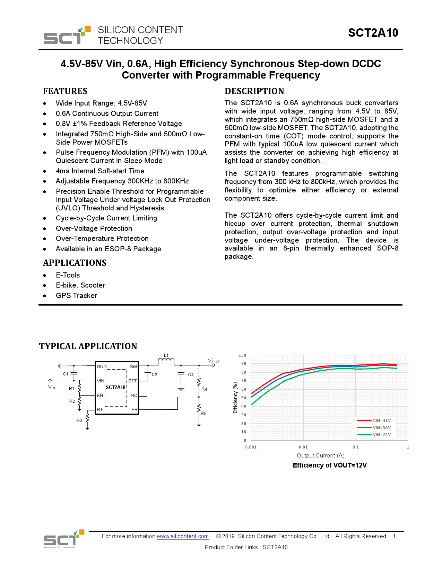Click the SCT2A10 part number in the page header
tap(373, 33)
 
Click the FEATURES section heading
tap(65, 91)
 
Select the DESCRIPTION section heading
tap(254, 91)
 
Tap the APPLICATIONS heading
tap(75, 263)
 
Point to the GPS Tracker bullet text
tap(76, 296)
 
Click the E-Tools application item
tap(68, 275)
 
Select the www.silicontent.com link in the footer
tap(183, 536)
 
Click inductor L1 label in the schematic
tap(166, 355)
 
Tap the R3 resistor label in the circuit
tap(79, 420)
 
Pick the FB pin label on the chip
tap(134, 410)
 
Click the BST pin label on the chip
tap(132, 381)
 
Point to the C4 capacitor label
tap(191, 375)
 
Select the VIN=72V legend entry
tap(382, 435)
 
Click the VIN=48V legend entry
tap(382, 420)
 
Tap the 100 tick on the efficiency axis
tap(242, 355)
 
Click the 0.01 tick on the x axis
tap(303, 447)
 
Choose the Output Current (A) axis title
tap(321, 456)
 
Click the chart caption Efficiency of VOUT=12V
tap(330, 465)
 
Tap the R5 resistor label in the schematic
tap(203, 414)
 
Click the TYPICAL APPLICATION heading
tap(88, 346)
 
